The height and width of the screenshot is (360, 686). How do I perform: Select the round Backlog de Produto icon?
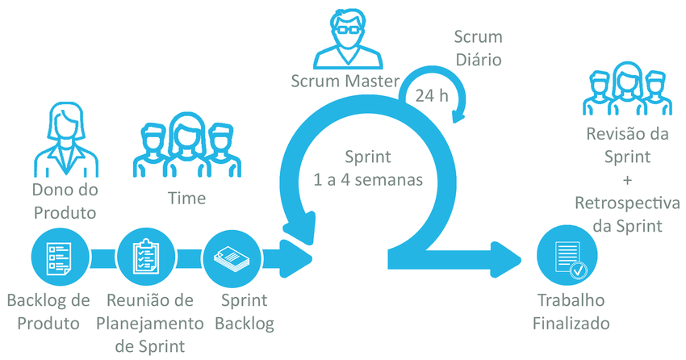(x=58, y=257)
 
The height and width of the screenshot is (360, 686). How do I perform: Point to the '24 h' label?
(x=432, y=95)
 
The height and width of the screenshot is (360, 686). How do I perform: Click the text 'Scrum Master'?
(x=346, y=81)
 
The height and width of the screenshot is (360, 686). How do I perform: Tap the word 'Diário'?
(x=479, y=59)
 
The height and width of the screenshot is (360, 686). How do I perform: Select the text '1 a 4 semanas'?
(x=369, y=179)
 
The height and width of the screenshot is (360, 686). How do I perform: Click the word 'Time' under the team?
(x=186, y=198)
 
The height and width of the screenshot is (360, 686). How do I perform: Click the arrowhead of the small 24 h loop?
(x=458, y=115)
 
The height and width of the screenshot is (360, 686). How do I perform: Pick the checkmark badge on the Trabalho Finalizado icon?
(x=578, y=270)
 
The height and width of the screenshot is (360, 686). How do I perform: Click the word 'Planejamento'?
(x=150, y=324)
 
